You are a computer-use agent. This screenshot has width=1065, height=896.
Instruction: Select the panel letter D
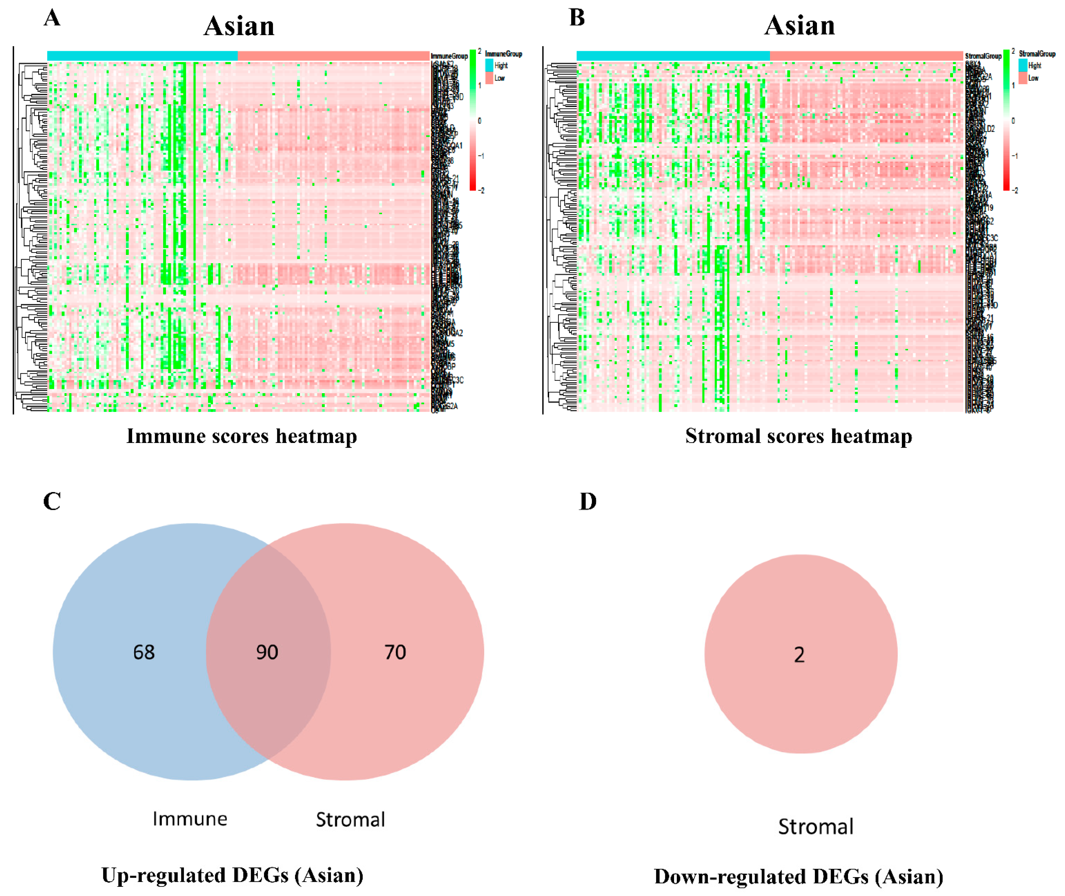588,501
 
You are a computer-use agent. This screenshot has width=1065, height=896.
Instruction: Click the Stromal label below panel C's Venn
350,819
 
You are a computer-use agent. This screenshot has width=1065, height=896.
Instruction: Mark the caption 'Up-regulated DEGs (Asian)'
233,875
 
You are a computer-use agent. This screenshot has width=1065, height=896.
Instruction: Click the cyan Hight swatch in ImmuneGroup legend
489,65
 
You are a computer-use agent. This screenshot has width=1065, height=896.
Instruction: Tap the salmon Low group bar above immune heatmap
333,55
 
